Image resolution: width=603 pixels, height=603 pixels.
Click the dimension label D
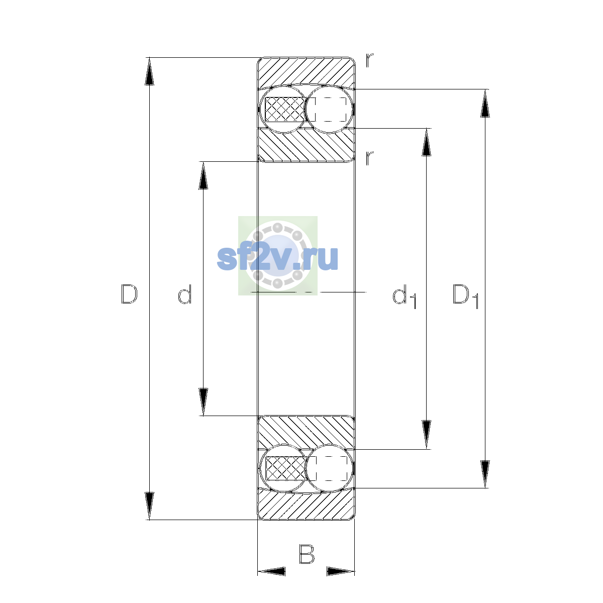click(x=129, y=294)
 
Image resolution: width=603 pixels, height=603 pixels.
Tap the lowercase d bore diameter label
click(x=184, y=294)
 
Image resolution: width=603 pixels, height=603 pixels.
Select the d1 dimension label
click(x=404, y=296)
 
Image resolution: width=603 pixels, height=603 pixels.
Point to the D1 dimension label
click(x=466, y=296)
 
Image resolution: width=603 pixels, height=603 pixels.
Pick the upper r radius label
click(x=369, y=61)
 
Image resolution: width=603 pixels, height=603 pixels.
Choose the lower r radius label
click(x=369, y=158)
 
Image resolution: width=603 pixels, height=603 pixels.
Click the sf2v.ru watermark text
click(x=277, y=258)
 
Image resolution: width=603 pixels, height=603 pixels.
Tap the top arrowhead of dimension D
click(x=149, y=71)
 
